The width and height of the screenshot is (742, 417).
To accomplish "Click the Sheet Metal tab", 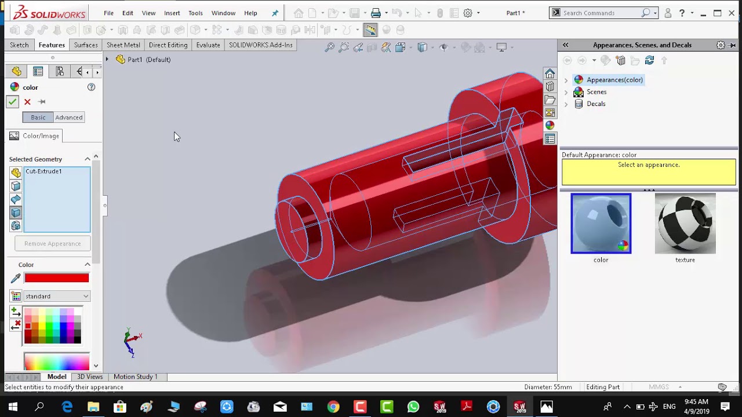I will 123,45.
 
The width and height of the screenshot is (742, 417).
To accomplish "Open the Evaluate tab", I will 208,45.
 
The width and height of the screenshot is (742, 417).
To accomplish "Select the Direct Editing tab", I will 168,45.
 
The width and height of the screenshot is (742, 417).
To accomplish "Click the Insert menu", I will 172,13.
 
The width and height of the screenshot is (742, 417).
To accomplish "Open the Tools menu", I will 195,13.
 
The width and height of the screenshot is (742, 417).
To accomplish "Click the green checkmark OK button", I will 12,102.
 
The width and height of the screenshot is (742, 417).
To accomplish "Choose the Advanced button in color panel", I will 69,118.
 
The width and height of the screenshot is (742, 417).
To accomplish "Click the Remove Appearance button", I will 53,244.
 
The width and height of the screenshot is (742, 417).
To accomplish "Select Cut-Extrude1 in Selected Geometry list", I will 43,171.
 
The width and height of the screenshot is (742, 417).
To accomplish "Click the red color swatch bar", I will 57,279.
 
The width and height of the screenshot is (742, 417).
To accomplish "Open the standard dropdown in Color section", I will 57,297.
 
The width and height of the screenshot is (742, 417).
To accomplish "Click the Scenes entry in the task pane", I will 596,92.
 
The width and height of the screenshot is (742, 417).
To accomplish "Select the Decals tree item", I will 596,104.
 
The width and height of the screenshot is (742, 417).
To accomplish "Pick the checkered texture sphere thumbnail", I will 685,224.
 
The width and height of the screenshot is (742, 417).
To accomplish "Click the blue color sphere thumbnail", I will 601,224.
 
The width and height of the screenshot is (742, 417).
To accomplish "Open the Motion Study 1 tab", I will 136,377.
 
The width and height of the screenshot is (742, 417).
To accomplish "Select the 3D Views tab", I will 90,377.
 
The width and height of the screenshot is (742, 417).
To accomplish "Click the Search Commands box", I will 603,13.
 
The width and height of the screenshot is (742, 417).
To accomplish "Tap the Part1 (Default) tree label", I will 149,60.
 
